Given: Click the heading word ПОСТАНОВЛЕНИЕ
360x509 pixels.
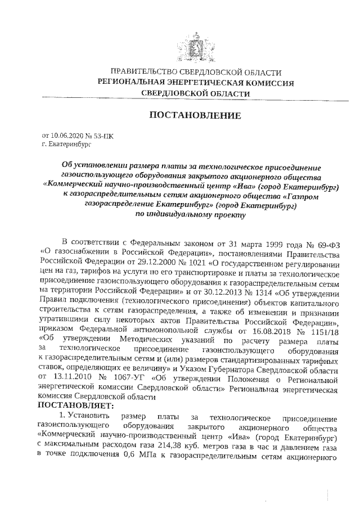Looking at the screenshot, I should click(x=195, y=116).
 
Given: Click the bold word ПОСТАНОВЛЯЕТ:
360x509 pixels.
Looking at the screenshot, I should click(x=76, y=405).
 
